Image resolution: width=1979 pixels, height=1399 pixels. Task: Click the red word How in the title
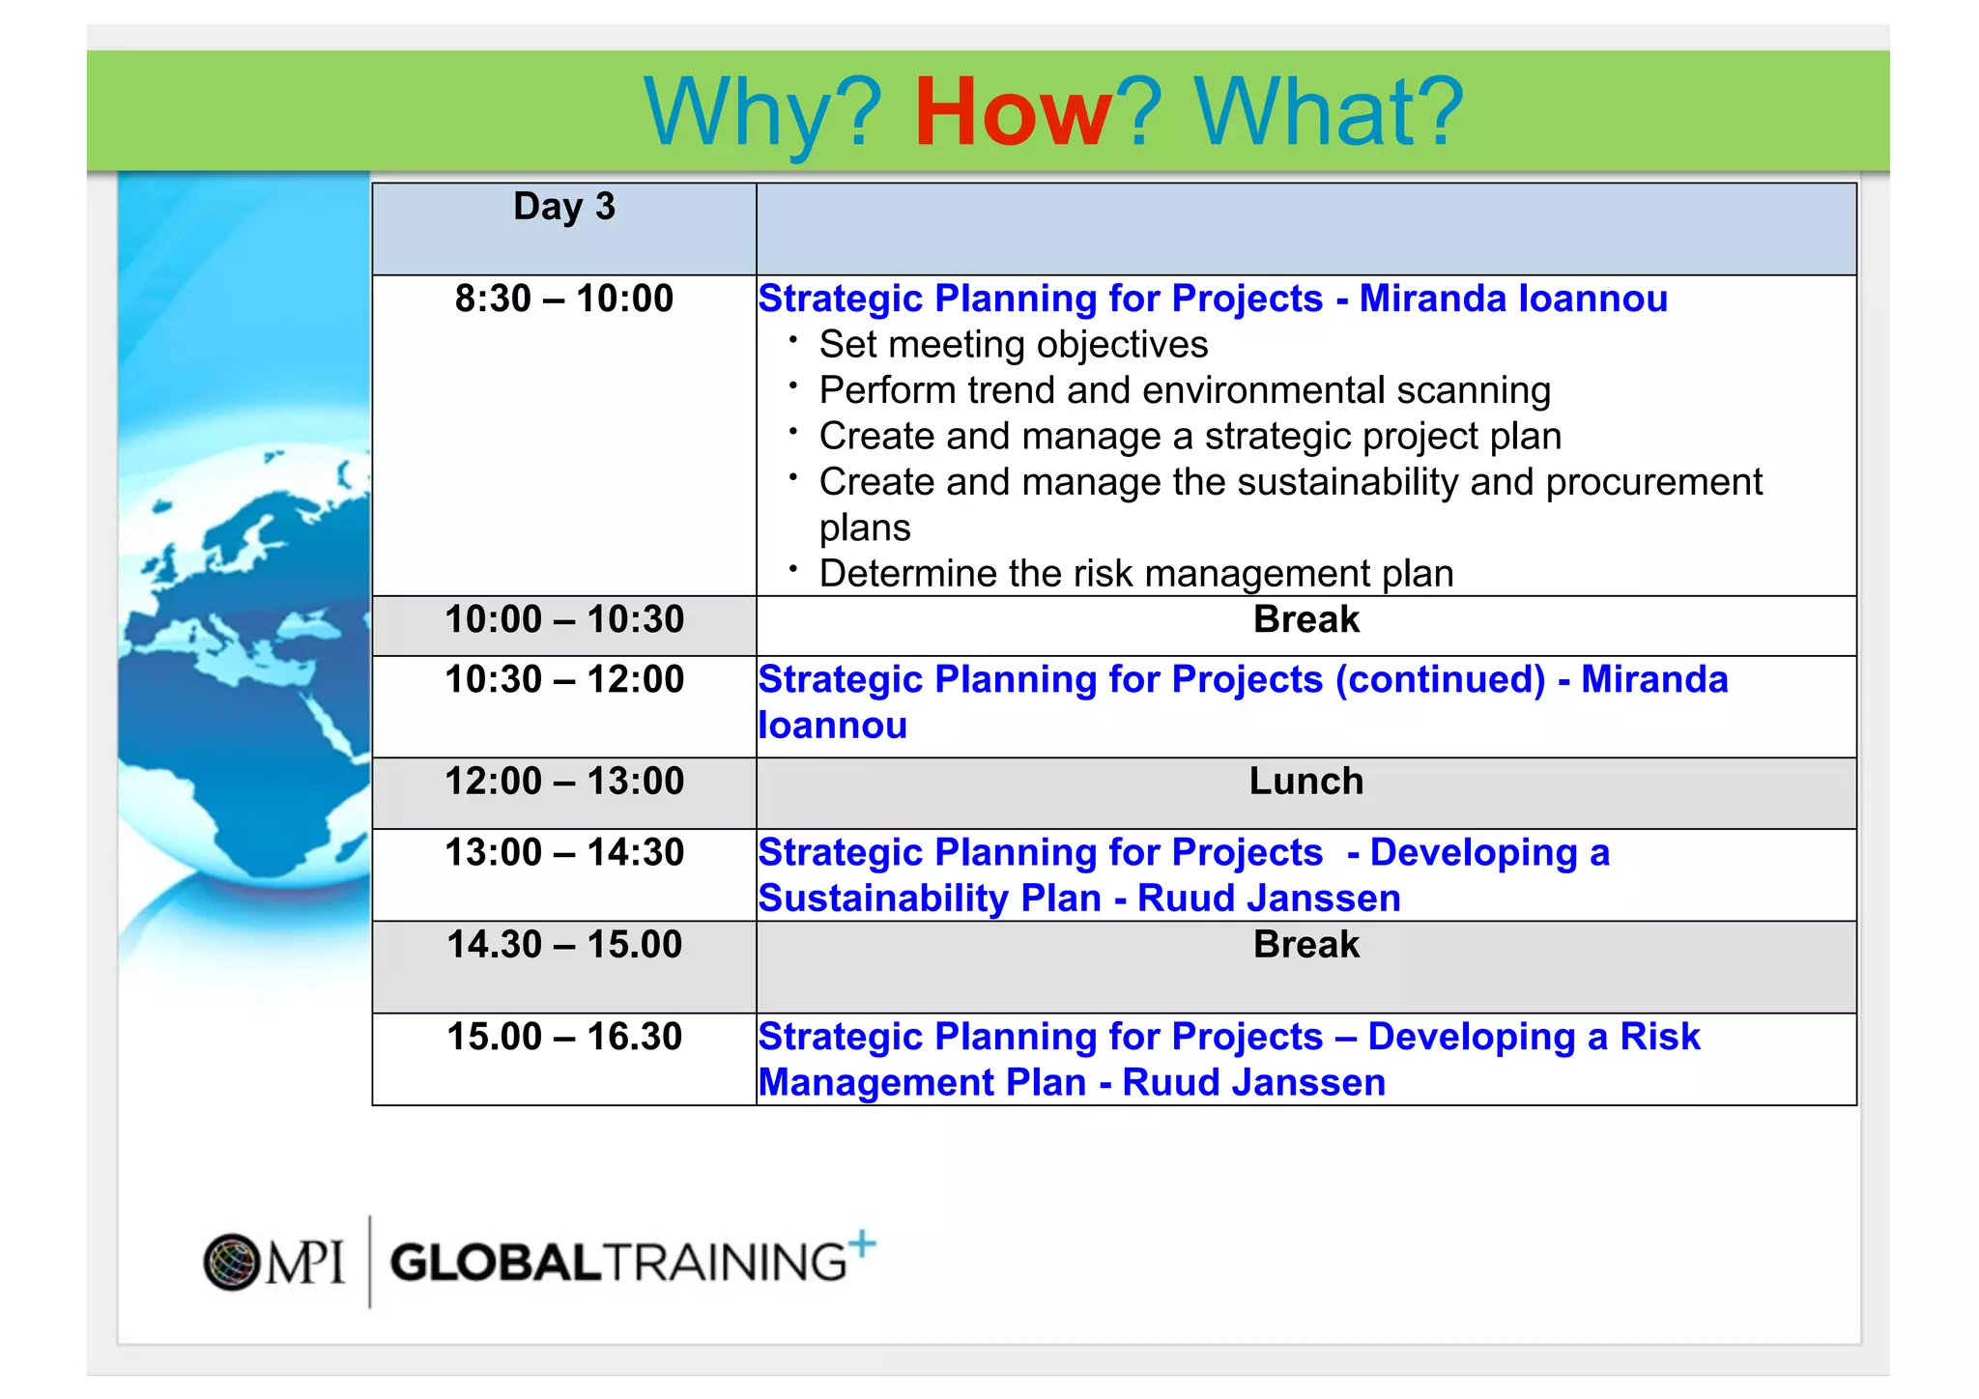1013,113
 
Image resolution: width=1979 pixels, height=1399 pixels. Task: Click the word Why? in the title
762,113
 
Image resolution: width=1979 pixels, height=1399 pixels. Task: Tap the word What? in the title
1329,113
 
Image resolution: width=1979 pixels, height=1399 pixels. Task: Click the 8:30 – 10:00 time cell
563,299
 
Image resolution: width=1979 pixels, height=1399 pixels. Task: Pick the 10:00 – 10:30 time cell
563,619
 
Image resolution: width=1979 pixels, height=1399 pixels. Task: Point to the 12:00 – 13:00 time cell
563,781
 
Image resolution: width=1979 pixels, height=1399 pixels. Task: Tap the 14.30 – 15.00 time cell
563,944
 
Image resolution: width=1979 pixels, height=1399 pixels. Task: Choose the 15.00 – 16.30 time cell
563,1037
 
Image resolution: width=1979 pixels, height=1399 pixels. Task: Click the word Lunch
1305,781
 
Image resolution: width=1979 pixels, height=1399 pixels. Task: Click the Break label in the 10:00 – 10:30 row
1305,619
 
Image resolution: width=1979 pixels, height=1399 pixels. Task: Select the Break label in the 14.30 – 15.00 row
1305,944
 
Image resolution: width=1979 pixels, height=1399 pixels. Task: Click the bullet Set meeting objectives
1013,345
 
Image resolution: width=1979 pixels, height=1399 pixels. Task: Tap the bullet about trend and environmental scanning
1184,390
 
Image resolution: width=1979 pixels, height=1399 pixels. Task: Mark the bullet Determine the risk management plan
1135,574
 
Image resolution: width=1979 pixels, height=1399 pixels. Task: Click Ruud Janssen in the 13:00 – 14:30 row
1268,899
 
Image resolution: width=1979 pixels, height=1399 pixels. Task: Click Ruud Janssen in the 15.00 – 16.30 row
1253,1083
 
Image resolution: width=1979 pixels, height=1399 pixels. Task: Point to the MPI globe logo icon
232,1262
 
